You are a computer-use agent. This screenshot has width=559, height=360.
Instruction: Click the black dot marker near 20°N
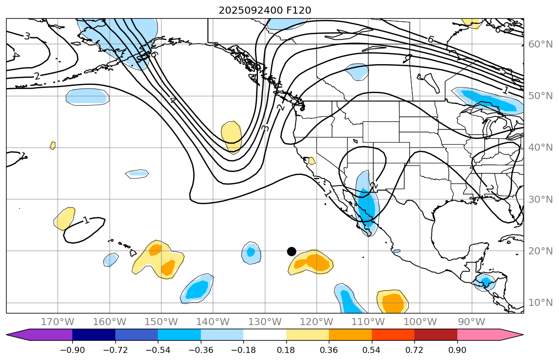click(291, 251)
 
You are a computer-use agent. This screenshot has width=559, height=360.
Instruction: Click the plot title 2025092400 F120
click(265, 10)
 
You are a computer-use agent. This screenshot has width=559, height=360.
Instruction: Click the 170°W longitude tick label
click(58, 322)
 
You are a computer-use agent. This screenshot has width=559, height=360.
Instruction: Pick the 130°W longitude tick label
click(265, 322)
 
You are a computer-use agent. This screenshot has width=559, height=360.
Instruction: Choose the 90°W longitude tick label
click(471, 322)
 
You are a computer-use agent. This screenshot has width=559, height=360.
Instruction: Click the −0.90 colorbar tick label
click(72, 350)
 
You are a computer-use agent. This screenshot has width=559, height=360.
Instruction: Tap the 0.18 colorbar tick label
click(286, 350)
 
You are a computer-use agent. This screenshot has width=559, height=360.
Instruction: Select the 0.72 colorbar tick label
click(414, 350)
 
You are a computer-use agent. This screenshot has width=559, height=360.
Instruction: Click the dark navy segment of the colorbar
click(94, 335)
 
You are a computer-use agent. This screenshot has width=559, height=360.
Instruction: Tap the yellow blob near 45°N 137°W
click(232, 136)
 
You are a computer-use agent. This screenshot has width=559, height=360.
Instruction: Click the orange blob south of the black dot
click(314, 262)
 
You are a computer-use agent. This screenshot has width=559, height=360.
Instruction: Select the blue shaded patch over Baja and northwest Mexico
click(367, 205)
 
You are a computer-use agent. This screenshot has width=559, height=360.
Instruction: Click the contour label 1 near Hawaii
click(87, 220)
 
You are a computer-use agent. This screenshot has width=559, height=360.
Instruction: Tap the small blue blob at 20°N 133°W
click(251, 252)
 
